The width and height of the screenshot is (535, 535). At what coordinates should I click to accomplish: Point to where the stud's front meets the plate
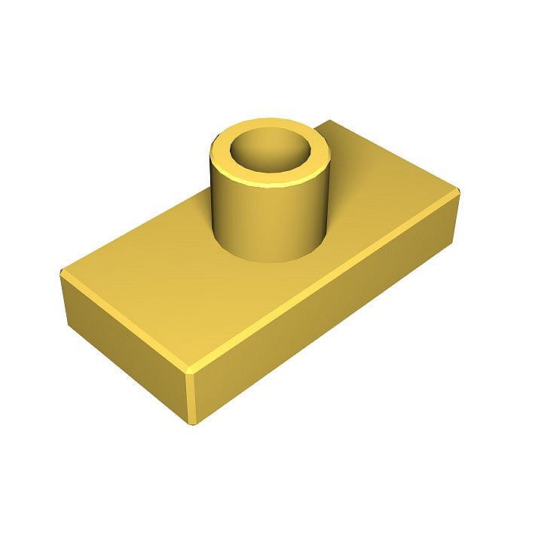click(271, 260)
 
